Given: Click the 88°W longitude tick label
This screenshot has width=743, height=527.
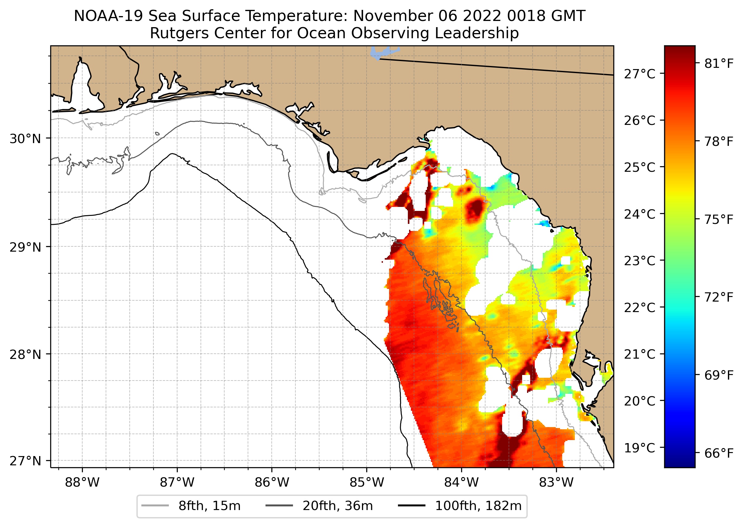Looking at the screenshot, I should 82,483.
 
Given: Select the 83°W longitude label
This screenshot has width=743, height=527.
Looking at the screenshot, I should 556,483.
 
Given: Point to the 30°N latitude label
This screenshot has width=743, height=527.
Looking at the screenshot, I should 25,139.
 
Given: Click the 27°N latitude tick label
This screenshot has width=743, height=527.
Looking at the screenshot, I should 25,461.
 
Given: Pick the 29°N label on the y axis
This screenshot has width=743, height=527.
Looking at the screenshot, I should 25,247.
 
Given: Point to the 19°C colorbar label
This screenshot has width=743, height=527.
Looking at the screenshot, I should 639,448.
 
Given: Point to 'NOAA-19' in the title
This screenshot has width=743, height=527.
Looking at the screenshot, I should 108,16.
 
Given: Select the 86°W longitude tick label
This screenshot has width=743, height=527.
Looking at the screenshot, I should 272,483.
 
